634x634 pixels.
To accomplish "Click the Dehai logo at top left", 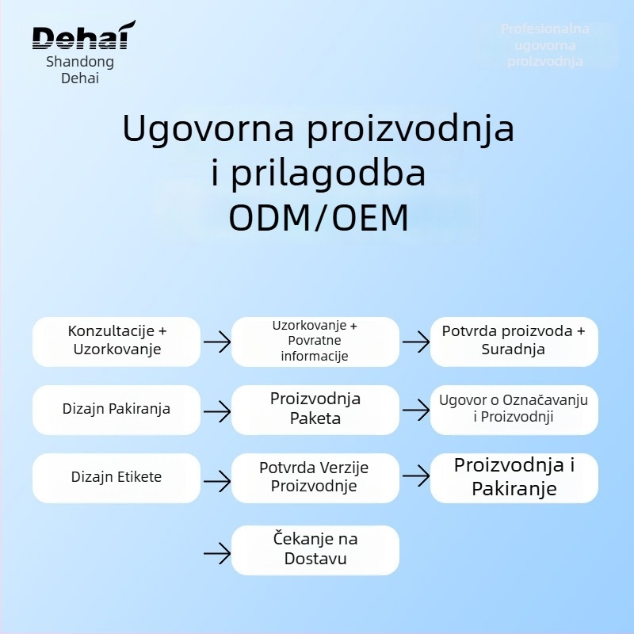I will [83, 36].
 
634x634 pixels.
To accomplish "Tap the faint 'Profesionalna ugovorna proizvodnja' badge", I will [545, 45].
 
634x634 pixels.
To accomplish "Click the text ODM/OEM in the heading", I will [319, 219].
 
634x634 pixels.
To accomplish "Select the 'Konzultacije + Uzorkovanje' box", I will [116, 341].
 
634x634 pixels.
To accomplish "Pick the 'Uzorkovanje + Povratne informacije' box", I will [315, 341].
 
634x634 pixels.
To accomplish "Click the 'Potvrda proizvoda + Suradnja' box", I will [514, 341].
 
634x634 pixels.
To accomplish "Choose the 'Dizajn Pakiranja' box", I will [116, 410].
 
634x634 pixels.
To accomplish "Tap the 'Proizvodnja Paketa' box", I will [315, 409].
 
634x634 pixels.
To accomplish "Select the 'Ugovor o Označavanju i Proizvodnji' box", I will [514, 409].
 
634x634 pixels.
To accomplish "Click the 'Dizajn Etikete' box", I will [116, 477].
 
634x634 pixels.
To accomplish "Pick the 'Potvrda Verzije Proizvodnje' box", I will [315, 477].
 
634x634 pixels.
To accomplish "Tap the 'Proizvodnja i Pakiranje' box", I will [514, 477].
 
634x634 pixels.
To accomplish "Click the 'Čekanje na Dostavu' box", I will [315, 549].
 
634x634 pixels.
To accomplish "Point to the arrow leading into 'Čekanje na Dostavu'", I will [216, 552].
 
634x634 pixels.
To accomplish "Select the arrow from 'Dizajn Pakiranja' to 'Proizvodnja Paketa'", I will [216, 411].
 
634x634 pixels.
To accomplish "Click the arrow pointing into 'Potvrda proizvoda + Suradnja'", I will [415, 342].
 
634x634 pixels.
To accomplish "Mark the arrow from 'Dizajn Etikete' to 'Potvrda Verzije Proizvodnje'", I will [216, 478].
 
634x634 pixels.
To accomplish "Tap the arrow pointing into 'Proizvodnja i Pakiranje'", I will [415, 476].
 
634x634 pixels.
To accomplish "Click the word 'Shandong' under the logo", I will [80, 62].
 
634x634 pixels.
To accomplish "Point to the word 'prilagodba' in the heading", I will [327, 174].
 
